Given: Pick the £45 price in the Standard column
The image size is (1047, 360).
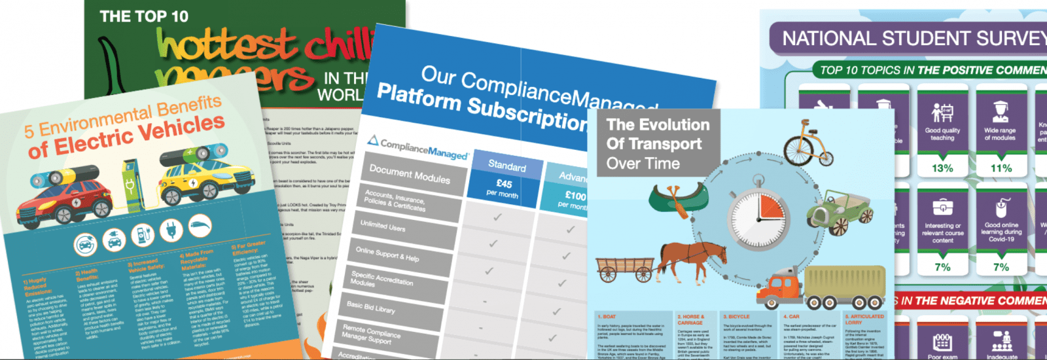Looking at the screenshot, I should tap(504, 184).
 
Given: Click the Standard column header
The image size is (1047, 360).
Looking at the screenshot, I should tap(506, 166).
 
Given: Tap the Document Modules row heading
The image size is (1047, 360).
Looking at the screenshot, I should tap(410, 173).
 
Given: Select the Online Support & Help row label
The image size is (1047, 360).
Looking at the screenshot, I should tap(387, 254).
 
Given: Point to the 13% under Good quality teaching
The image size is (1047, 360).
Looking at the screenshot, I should tap(942, 168).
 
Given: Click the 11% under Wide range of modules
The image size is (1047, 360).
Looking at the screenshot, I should tap(1001, 168).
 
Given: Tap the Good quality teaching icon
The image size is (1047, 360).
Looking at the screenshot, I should tap(942, 113).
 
